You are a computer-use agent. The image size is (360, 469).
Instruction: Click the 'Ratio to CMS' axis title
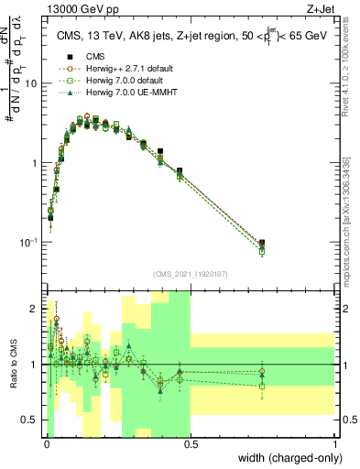[x=14, y=365]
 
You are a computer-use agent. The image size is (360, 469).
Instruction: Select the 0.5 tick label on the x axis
[x=191, y=444]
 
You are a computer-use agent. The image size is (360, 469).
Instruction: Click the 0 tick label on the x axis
[x=47, y=444]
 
